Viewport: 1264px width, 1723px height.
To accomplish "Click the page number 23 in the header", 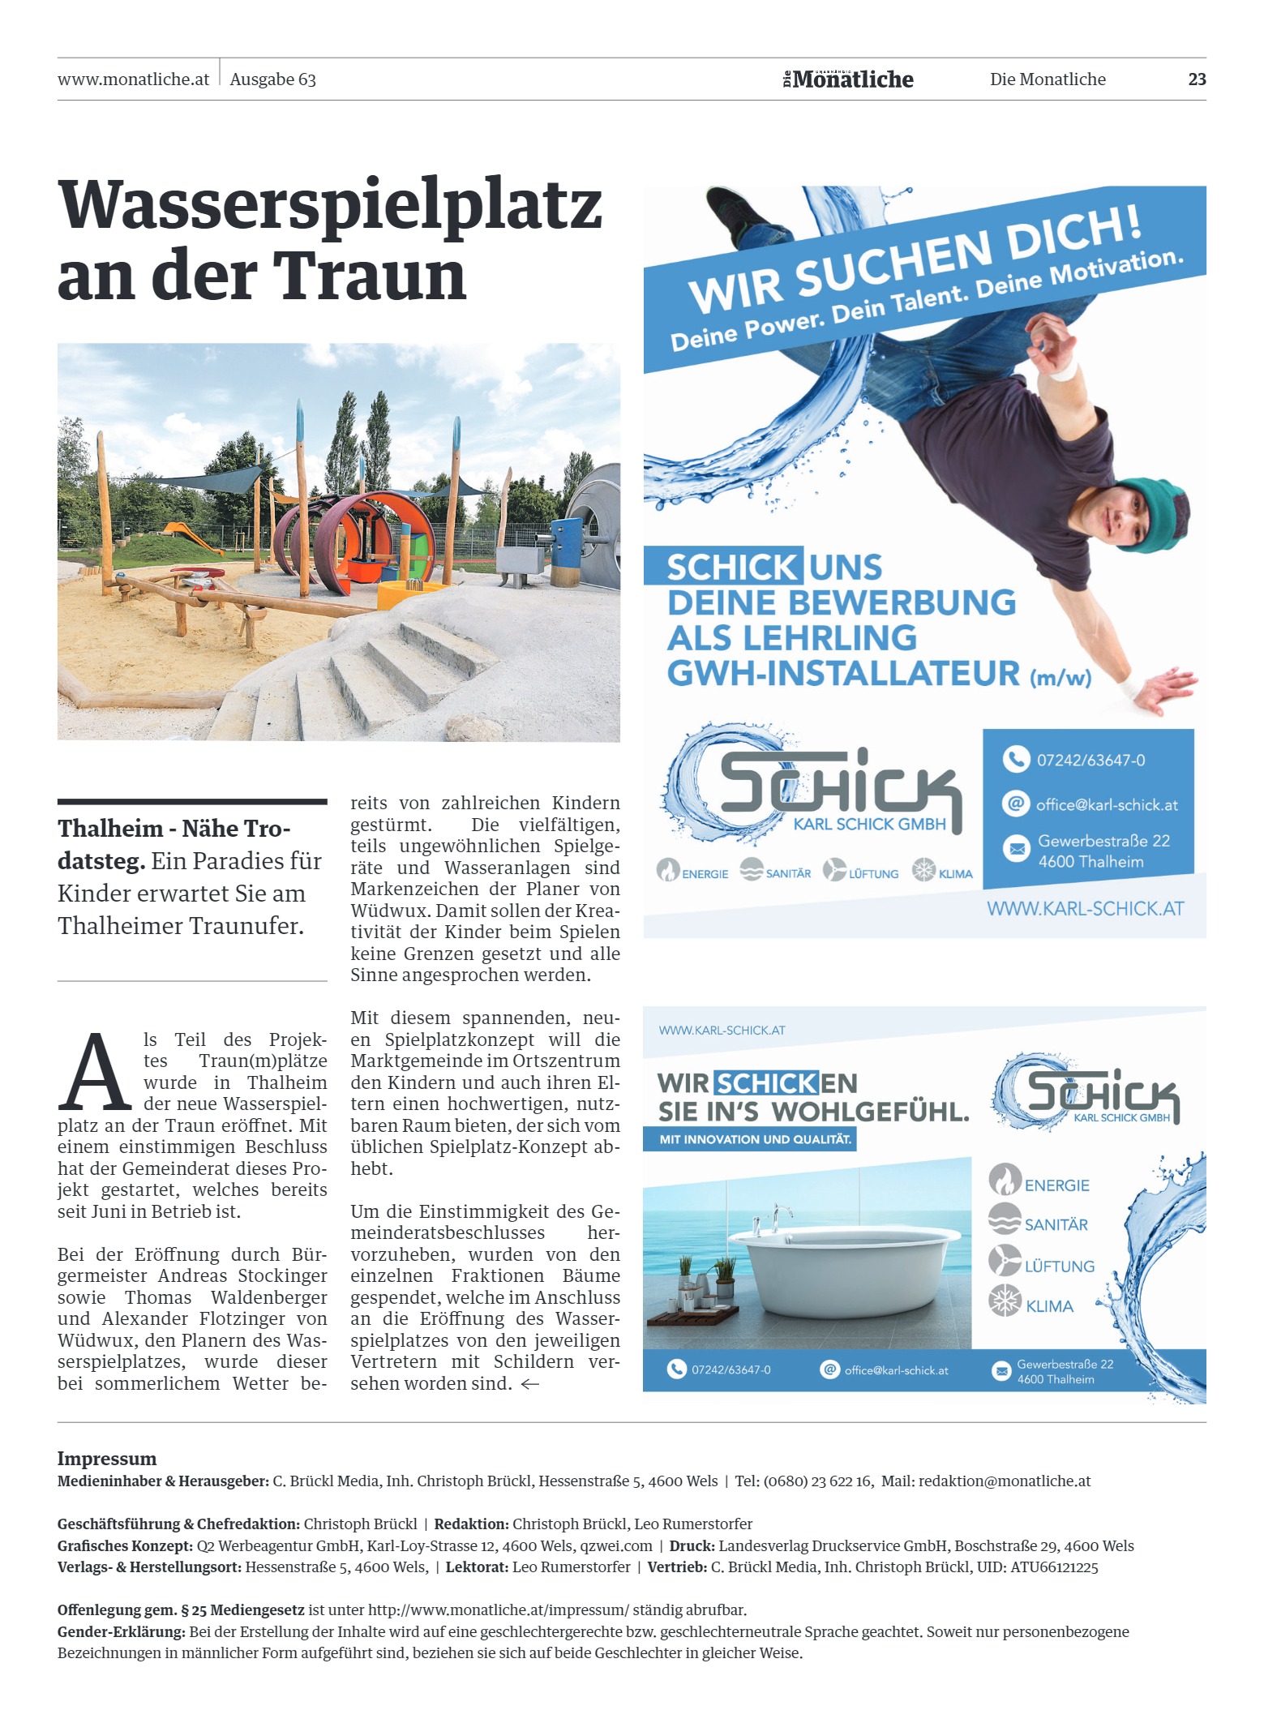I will pos(1196,79).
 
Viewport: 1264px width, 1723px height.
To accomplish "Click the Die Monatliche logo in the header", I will pos(848,79).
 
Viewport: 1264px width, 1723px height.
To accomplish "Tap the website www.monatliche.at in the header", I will pos(133,79).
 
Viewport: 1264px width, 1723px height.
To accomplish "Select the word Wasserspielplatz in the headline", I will pos(330,204).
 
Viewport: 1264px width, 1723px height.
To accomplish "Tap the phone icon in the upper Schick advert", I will pos(1015,759).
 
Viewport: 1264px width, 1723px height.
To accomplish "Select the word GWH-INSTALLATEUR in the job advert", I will pos(843,674).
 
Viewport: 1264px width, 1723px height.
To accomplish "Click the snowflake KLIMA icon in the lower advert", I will pos(1005,1302).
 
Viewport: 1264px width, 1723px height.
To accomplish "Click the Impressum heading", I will pos(106,1459).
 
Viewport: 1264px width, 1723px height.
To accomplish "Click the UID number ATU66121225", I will pos(1054,1567).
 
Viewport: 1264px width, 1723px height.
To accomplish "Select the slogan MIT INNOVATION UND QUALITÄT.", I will pos(755,1139).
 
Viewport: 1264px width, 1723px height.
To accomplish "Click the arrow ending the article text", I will pos(529,1384).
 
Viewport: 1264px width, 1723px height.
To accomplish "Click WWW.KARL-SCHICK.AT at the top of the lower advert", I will pos(722,1031).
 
